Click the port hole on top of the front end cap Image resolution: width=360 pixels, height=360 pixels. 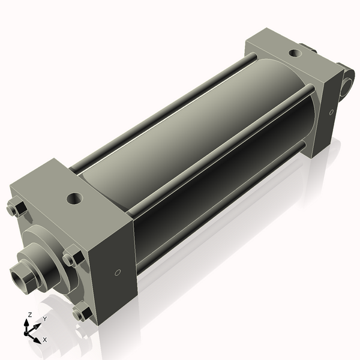point(76,197)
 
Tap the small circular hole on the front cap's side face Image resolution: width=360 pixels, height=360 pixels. point(118,273)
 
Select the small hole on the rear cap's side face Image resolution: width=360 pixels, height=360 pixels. point(331,112)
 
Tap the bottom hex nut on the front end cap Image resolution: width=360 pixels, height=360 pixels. point(80,313)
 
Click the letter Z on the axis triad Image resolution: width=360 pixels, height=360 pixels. point(29,314)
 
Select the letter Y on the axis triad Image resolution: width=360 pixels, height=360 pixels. point(44,319)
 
